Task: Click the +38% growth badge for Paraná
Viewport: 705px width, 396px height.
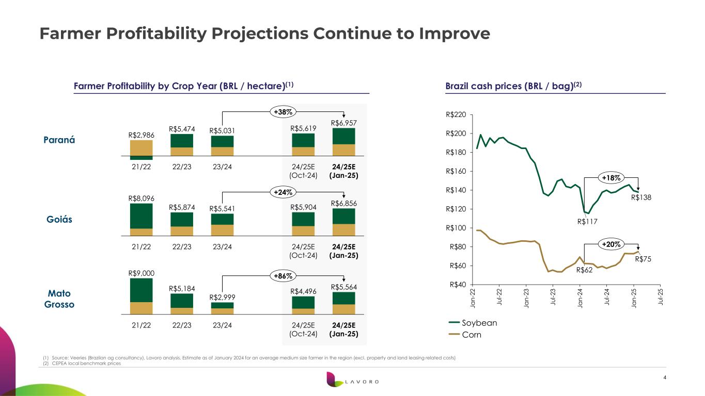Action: coord(281,111)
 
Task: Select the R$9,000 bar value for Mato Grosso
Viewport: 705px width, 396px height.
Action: coord(141,273)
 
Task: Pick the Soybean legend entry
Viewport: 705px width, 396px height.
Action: coord(473,323)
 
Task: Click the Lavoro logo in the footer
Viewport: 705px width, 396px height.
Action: coord(352,382)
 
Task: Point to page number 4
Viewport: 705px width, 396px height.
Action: coord(664,378)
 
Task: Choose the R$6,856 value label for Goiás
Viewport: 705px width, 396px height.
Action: coord(343,203)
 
